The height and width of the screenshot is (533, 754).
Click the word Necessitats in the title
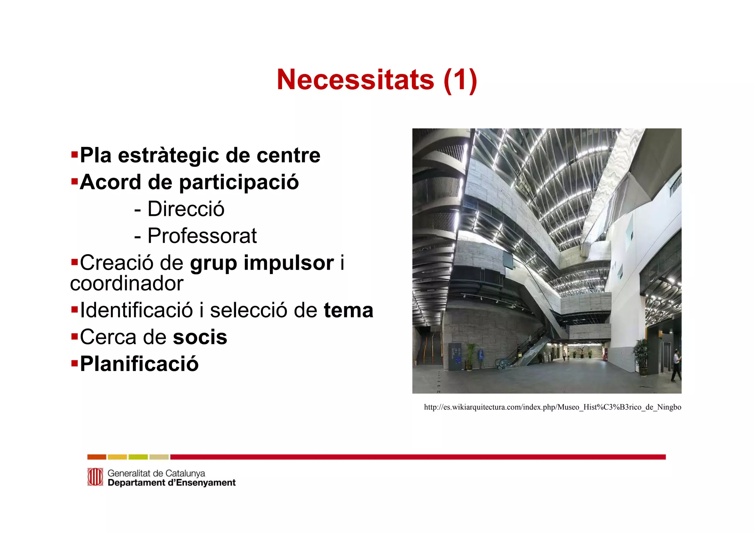(x=355, y=80)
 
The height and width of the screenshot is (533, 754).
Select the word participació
(x=239, y=182)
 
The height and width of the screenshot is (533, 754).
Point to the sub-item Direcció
(x=186, y=209)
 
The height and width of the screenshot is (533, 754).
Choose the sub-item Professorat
(x=202, y=236)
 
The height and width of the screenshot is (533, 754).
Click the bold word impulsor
(x=289, y=263)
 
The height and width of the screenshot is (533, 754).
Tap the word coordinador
(x=127, y=284)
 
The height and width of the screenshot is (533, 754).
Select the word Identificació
(x=136, y=310)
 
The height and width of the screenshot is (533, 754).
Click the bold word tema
(x=348, y=310)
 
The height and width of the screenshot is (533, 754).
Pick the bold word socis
(x=200, y=337)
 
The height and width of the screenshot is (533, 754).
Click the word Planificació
(x=139, y=364)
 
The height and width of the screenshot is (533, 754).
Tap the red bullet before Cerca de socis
(x=74, y=336)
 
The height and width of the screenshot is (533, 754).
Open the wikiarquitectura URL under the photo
(x=552, y=407)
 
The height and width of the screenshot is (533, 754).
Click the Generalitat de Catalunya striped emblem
(x=95, y=477)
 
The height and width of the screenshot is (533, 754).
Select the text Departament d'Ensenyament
(x=172, y=483)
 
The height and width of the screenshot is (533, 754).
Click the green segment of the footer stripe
(x=138, y=457)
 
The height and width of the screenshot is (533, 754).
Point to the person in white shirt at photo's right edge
(x=676, y=365)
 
